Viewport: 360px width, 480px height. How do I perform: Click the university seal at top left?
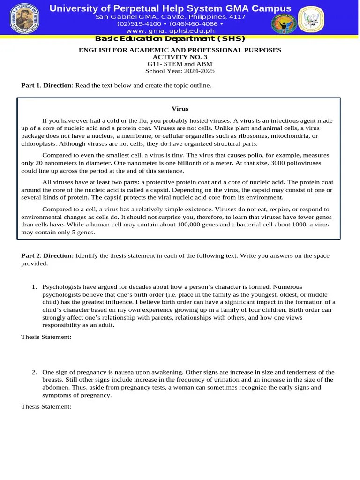pos(24,19)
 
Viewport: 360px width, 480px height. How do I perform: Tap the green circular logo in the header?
pos(284,20)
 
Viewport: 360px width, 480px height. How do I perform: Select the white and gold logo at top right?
pos(311,19)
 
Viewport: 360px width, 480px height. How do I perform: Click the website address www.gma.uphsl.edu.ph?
pos(170,30)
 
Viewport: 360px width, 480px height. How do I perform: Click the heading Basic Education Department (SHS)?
pos(170,39)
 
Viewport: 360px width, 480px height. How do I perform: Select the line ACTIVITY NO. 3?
pos(180,57)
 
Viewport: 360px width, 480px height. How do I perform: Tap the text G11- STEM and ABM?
pos(180,64)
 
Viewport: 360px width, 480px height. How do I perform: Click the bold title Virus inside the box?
pos(180,109)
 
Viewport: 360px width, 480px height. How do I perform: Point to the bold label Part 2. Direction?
pos(47,255)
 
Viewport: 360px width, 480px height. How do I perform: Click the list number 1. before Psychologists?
pos(34,286)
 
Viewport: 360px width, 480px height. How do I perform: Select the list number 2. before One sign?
pos(34,372)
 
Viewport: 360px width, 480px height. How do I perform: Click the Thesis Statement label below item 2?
pos(46,407)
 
